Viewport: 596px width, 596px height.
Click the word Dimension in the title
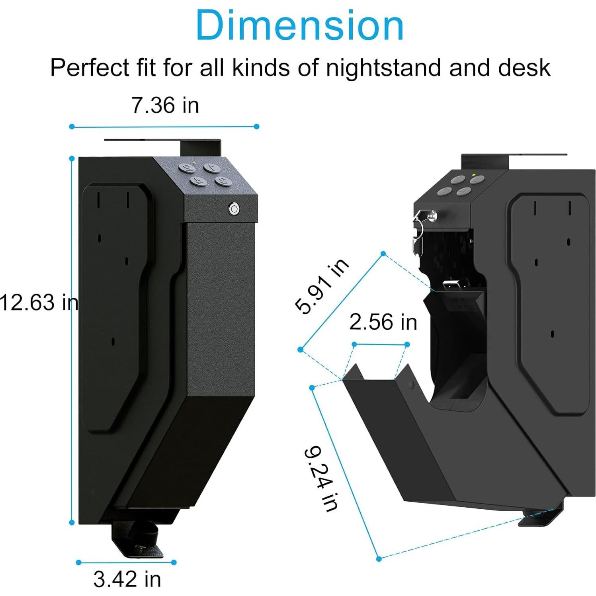point(299,25)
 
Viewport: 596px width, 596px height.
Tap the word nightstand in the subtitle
point(383,67)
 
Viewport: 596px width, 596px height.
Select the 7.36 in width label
point(165,106)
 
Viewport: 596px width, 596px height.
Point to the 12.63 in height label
point(39,302)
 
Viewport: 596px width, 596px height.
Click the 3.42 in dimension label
point(127,579)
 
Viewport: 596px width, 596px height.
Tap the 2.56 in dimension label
point(383,322)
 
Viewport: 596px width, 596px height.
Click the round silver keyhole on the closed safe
point(234,209)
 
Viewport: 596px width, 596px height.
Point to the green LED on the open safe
point(473,175)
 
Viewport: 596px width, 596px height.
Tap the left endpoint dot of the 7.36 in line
point(72,127)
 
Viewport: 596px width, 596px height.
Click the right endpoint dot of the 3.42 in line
point(174,563)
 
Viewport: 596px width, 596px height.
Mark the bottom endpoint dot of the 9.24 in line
point(379,559)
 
